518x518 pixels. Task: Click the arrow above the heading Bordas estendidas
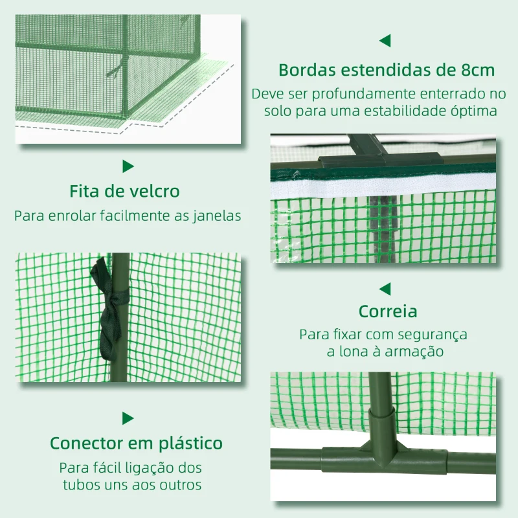(x=385, y=41)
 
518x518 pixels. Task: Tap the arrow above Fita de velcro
(x=128, y=166)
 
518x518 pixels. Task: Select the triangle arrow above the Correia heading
(x=385, y=288)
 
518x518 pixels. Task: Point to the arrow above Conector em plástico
(x=128, y=418)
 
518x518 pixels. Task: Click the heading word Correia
(x=387, y=311)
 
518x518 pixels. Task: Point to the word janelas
(x=217, y=216)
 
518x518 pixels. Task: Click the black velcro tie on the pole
(x=111, y=308)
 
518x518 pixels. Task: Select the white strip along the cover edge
(x=382, y=185)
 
